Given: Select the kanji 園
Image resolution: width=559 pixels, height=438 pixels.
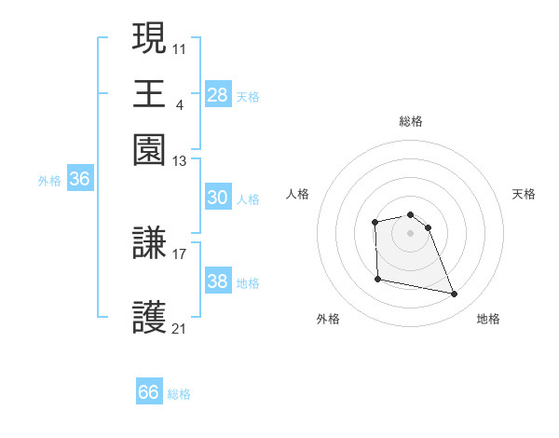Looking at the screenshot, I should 150,149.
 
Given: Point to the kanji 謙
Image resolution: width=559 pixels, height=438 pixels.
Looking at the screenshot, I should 150,244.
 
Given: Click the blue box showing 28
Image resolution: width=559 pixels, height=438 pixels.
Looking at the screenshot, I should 218,94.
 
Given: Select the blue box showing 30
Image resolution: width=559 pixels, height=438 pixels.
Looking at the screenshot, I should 218,198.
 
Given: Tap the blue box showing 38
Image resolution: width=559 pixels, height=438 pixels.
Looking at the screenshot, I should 218,281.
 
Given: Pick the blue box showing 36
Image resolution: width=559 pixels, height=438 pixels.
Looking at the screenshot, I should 79,180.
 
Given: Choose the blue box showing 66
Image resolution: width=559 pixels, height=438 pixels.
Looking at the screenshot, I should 149,392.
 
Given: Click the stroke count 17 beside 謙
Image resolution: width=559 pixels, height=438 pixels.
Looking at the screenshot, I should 180,253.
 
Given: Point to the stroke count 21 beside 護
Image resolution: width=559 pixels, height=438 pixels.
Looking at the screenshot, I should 180,328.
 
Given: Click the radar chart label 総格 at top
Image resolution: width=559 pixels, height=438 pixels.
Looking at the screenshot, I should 410,121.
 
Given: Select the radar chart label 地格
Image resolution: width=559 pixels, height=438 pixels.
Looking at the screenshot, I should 488,319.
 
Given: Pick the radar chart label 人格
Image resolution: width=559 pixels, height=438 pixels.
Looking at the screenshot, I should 298,194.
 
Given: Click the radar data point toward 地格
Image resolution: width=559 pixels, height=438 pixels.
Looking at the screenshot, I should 455,294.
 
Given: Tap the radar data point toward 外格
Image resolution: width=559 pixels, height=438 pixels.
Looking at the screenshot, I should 377,279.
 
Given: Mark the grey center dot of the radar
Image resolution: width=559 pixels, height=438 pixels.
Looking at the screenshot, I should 410,233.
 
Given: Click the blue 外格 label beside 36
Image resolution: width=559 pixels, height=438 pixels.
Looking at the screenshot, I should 49,181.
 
